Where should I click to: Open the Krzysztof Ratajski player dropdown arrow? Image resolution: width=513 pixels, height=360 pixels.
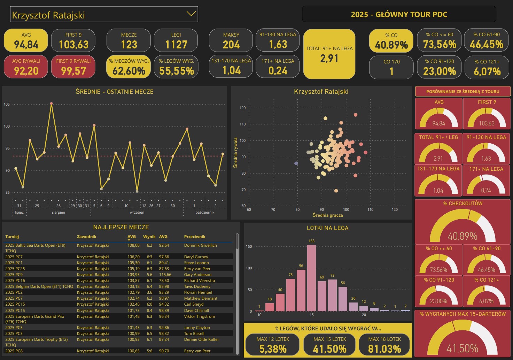[191, 14]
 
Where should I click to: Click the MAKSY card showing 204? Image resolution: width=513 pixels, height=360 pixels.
[231, 40]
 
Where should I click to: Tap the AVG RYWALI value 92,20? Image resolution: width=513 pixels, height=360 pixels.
[26, 71]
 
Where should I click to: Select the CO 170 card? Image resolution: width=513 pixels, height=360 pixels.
[391, 67]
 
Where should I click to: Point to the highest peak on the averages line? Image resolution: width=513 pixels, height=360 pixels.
[52, 104]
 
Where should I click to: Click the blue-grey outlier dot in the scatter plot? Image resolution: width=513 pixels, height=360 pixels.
[296, 163]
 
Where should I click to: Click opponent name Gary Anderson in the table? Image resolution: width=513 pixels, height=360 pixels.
[197, 275]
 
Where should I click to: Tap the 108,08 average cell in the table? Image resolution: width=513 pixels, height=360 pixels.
[133, 245]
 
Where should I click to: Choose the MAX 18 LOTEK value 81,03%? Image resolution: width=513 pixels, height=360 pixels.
[384, 348]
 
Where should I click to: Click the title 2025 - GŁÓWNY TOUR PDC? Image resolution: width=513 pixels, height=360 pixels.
[399, 15]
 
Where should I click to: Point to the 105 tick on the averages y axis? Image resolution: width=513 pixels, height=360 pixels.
[7, 104]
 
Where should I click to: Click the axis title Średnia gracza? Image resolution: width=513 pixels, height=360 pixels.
[327, 215]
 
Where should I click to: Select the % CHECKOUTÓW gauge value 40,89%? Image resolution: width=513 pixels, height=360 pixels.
[462, 236]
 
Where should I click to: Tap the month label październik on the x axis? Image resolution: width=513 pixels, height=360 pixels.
[205, 212]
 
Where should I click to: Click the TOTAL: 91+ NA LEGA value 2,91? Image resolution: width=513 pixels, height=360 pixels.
[329, 59]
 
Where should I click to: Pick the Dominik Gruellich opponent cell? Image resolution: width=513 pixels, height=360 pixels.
[200, 245]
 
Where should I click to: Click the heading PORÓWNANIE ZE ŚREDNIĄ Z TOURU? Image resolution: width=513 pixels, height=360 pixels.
[463, 92]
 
